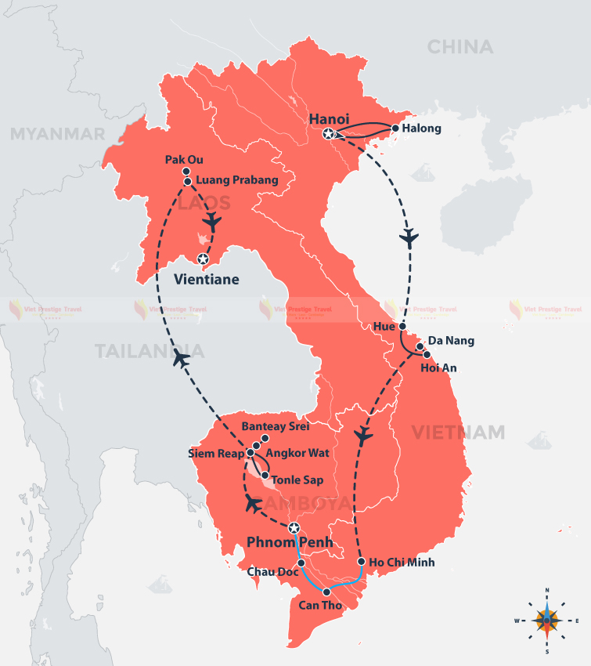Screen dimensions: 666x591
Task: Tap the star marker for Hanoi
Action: [x=329, y=134]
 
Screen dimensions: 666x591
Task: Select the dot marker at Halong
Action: [x=395, y=128]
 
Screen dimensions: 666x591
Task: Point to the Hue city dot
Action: [x=402, y=325]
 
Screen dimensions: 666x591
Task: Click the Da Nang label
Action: [x=451, y=342]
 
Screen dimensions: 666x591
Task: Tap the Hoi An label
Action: [x=438, y=367]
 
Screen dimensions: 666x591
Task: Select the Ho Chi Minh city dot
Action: [x=360, y=562]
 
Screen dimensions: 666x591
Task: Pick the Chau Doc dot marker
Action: [x=301, y=563]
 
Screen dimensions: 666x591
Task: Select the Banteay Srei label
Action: [x=276, y=427]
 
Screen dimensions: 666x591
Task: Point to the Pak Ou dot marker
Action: [x=186, y=172]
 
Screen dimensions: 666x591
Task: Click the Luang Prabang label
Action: [x=236, y=180]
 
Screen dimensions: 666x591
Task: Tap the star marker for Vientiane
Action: [x=203, y=259]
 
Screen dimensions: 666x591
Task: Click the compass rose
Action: [x=546, y=620]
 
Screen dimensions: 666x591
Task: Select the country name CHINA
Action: [x=460, y=47]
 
